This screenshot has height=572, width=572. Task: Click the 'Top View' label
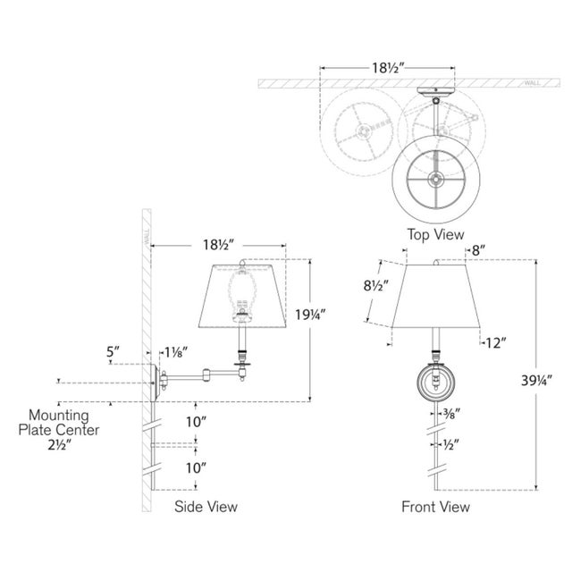point(435,235)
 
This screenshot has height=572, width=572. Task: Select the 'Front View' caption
point(436,507)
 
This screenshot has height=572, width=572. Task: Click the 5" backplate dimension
point(112,351)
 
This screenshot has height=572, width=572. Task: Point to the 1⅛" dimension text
point(178,351)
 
